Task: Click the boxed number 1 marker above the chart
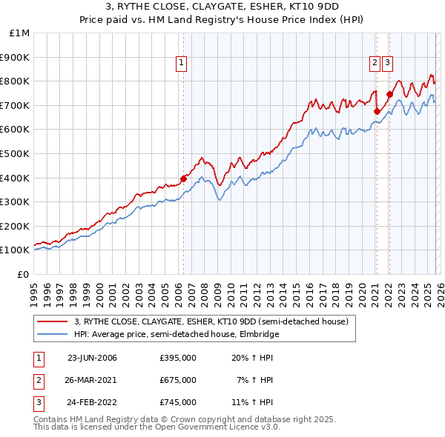click(x=182, y=64)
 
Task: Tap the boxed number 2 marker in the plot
click(x=376, y=64)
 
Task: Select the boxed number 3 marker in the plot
click(x=388, y=64)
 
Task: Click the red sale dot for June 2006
click(x=183, y=178)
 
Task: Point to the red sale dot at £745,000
click(x=389, y=94)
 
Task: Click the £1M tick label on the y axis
click(x=20, y=33)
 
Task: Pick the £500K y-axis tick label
click(x=16, y=153)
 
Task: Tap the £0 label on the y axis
click(x=24, y=274)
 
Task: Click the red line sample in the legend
click(x=53, y=321)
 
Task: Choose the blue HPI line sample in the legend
click(x=53, y=334)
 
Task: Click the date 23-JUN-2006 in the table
click(x=92, y=358)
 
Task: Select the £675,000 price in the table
click(x=178, y=380)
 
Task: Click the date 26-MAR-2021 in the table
click(x=92, y=380)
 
